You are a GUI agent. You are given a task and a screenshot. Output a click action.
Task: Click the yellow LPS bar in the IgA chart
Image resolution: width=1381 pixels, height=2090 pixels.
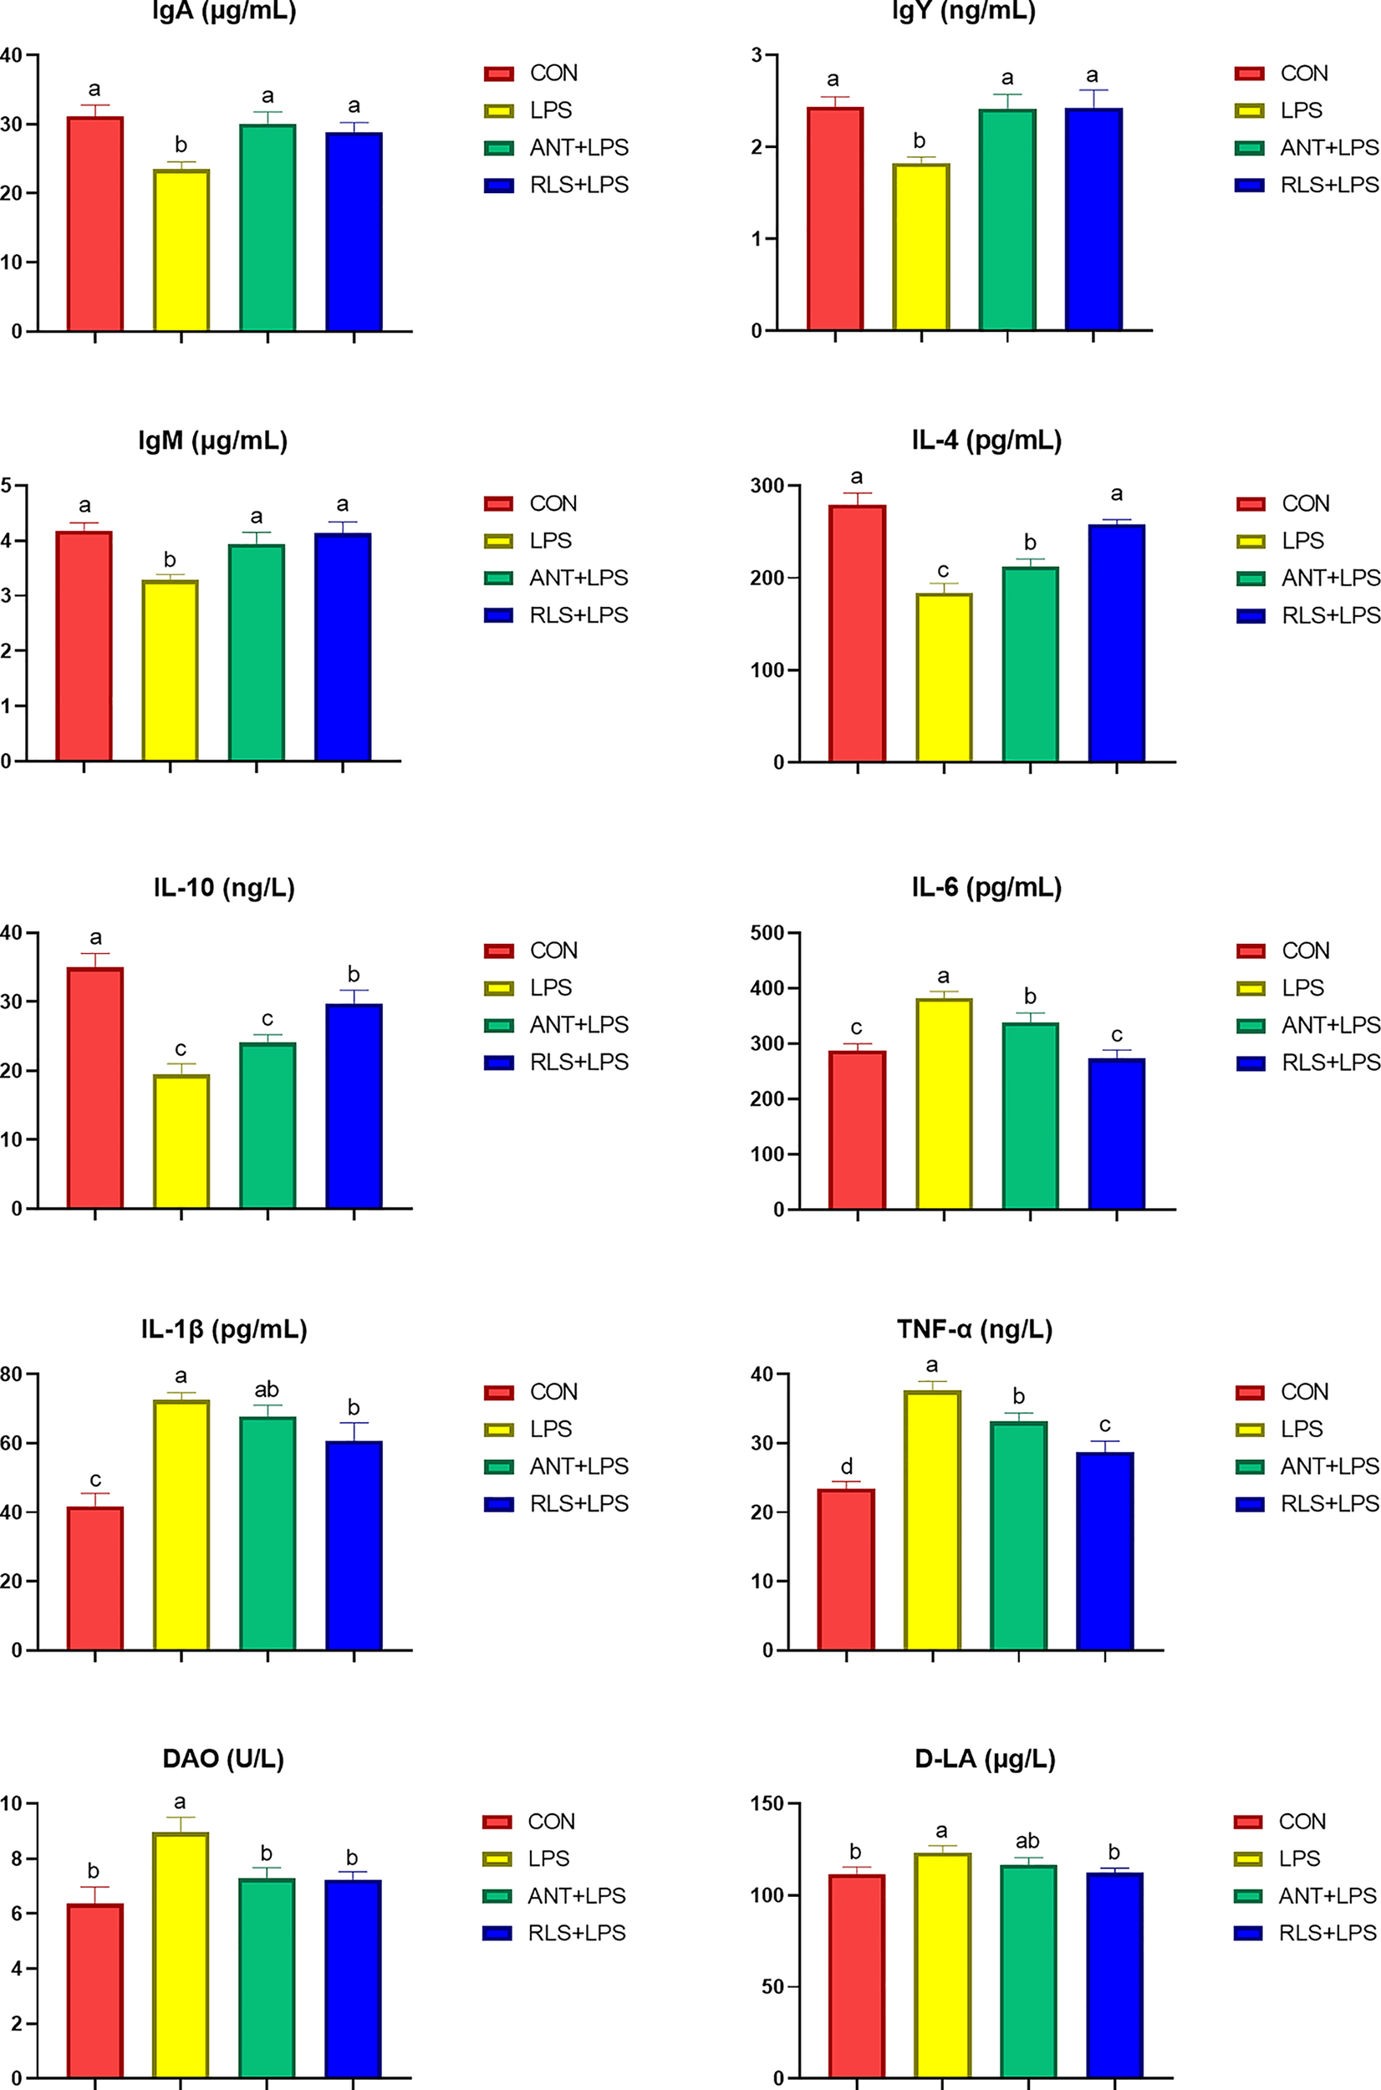click(x=181, y=251)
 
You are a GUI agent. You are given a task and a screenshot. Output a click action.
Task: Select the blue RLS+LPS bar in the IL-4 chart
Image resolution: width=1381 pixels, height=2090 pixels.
click(x=1116, y=643)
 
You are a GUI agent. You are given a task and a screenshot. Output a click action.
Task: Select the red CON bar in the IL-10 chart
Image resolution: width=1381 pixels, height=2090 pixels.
click(x=95, y=1088)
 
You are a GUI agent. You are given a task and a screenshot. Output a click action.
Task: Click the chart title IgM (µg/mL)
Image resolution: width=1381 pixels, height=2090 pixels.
click(x=213, y=441)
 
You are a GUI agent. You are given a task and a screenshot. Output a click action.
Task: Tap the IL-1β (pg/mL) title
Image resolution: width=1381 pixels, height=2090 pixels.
click(x=224, y=1329)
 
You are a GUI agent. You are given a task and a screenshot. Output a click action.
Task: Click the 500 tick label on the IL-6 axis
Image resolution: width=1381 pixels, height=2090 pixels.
click(x=768, y=933)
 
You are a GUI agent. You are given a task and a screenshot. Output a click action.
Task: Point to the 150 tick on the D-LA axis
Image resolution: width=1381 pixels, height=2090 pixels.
click(x=767, y=1803)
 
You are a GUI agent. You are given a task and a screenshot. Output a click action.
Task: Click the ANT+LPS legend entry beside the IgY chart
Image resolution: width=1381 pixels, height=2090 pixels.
click(x=1328, y=148)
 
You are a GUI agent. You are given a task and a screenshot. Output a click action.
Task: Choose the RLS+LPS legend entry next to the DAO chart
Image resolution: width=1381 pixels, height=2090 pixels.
click(x=576, y=1932)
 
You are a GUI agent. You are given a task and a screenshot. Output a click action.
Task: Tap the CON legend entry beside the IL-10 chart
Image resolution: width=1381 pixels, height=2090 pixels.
click(x=553, y=951)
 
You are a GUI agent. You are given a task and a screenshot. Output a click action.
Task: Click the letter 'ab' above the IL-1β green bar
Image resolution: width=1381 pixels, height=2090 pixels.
click(x=267, y=1389)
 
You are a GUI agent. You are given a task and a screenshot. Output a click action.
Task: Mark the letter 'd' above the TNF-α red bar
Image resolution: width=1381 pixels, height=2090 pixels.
click(x=846, y=1466)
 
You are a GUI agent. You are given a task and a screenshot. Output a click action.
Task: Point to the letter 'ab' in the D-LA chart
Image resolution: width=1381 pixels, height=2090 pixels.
click(x=1027, y=1841)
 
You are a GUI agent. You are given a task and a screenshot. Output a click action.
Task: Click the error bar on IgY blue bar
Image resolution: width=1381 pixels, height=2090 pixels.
click(x=1093, y=98)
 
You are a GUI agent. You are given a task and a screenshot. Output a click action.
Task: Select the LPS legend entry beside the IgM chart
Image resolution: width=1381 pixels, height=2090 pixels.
click(x=549, y=541)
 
